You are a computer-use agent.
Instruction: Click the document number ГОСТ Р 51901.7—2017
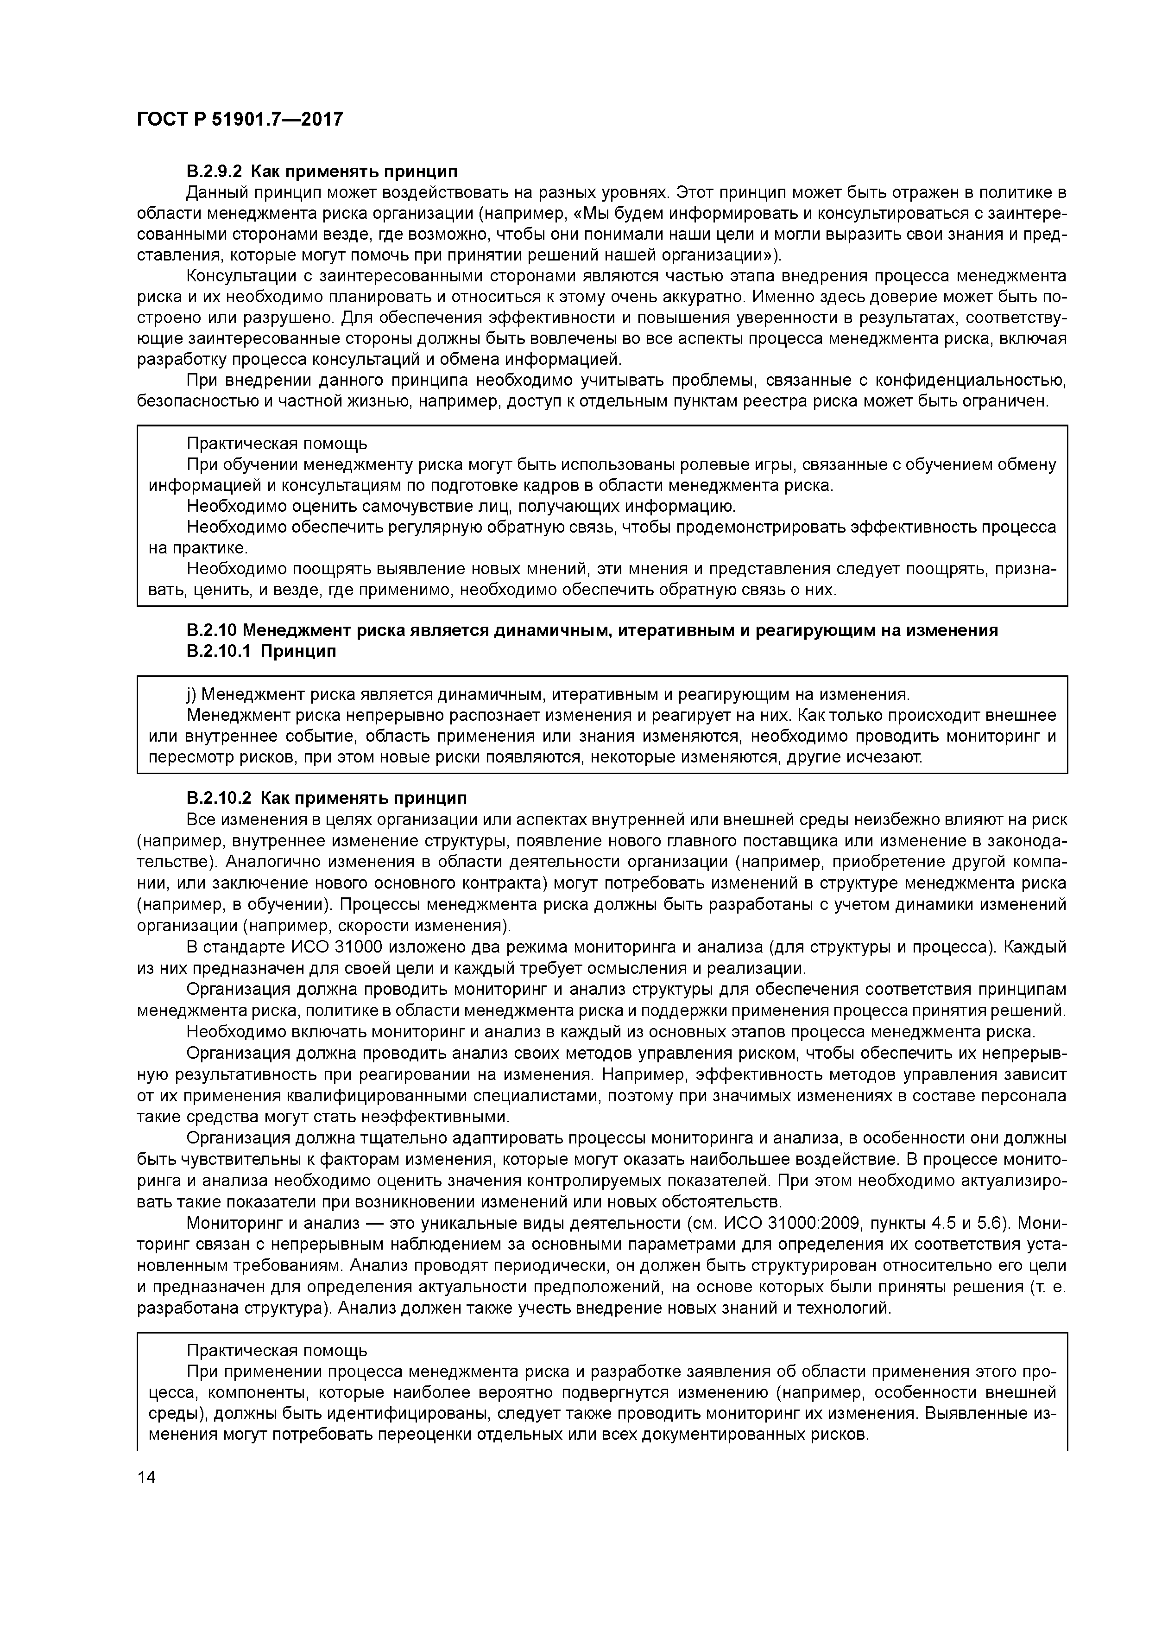click(x=239, y=120)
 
